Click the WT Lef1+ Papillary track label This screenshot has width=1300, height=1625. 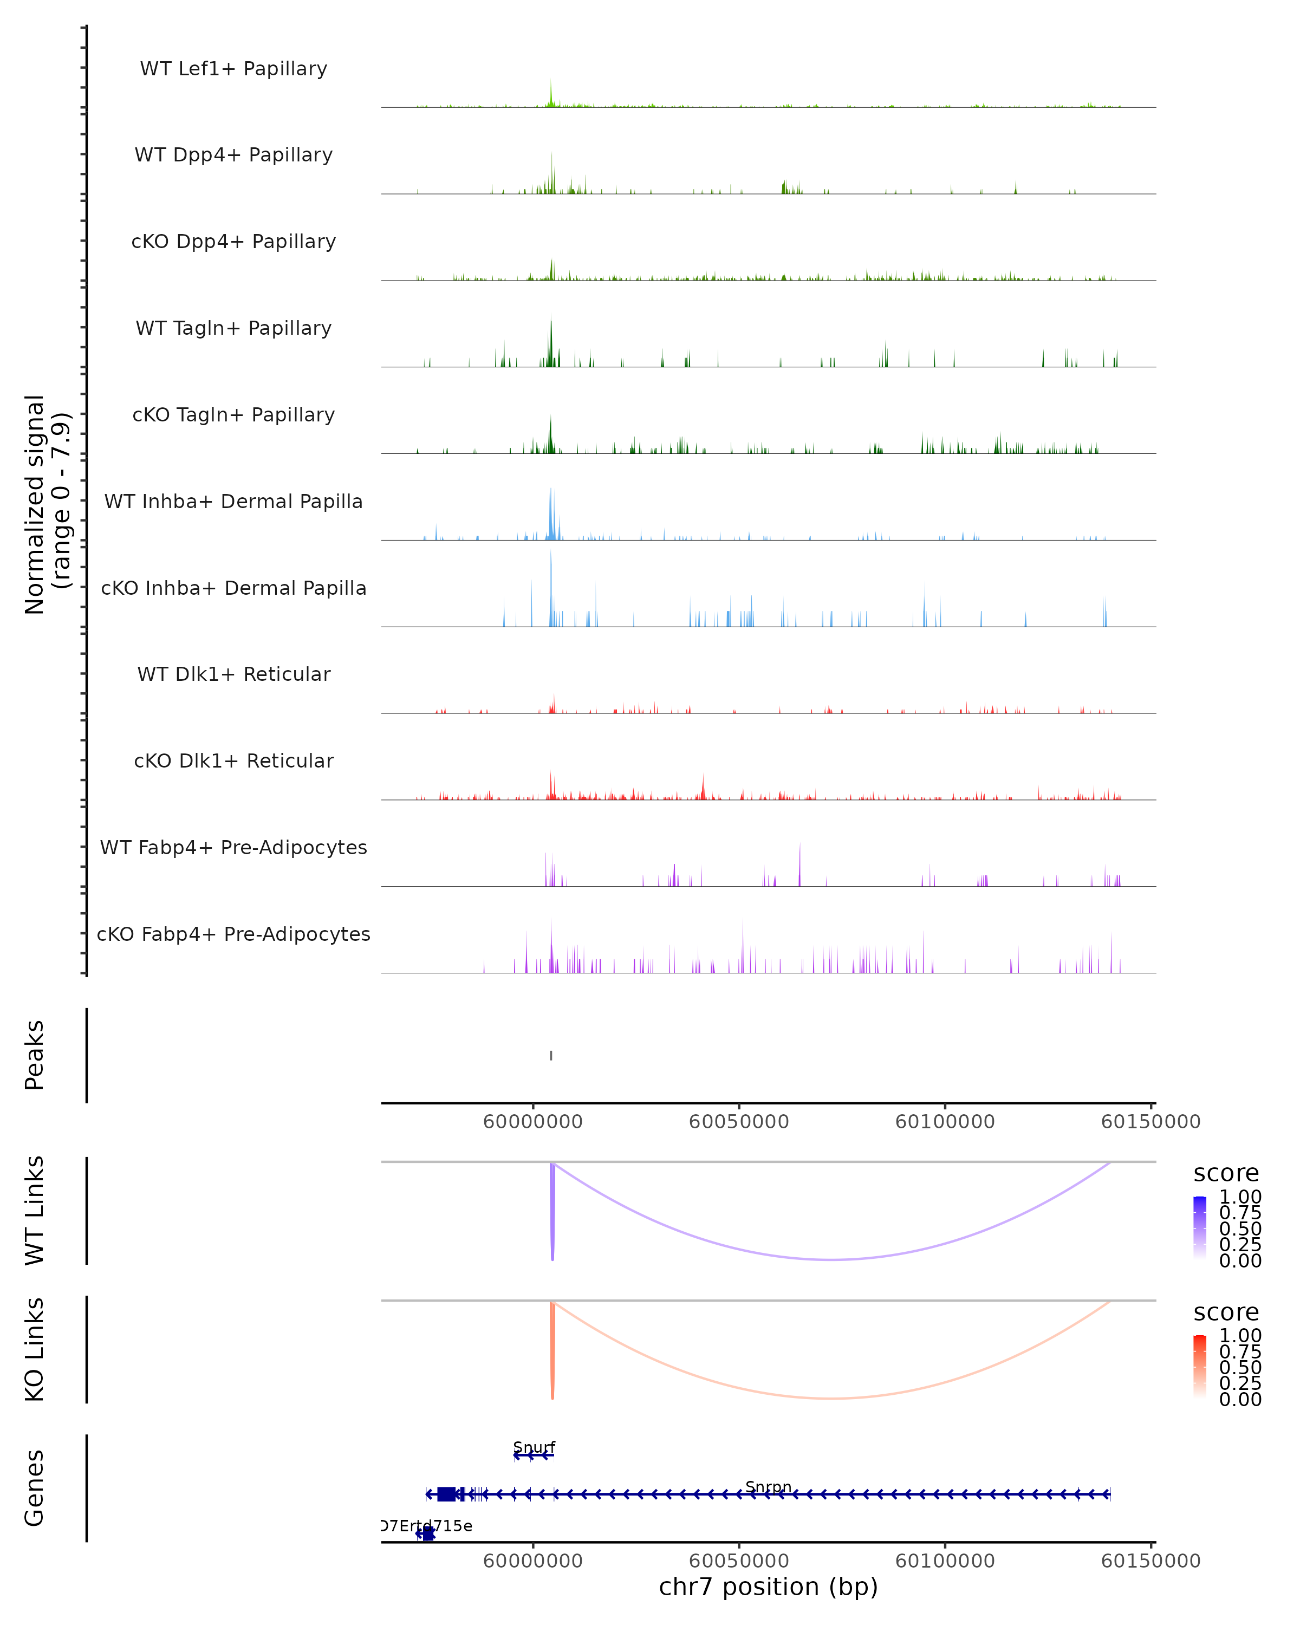point(233,69)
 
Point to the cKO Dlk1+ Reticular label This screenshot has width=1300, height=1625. point(233,760)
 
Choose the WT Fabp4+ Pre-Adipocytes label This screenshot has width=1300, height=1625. point(233,847)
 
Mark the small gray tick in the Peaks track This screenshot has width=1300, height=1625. point(551,1055)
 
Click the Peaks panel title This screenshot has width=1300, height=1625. point(35,1055)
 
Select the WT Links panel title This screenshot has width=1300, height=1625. point(35,1210)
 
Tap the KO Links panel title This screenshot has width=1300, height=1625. point(35,1349)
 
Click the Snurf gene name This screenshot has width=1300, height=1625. point(534,1447)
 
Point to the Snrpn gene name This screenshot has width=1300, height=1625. point(768,1486)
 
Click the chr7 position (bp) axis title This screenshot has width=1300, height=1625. point(768,1587)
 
